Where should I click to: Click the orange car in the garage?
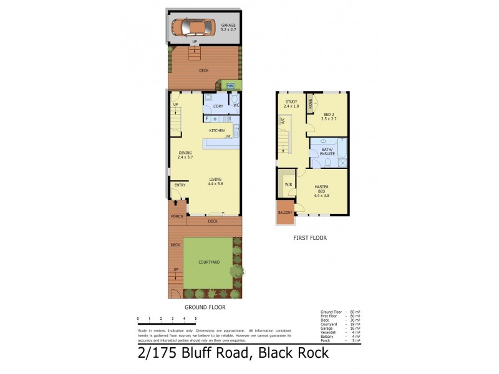point(189,27)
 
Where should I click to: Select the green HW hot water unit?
point(230,85)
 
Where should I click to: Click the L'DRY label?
point(218,106)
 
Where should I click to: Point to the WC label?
point(236,105)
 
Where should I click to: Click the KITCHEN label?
point(216,130)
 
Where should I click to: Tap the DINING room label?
point(185,153)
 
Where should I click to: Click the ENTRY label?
point(180,185)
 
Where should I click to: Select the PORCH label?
point(176,217)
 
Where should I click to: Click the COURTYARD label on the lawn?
point(208,262)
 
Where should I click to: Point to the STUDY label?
point(291,102)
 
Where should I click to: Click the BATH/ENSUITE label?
point(328,151)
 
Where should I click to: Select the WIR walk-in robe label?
point(288,185)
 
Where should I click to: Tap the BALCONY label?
point(285,213)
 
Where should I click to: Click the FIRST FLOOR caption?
point(310,237)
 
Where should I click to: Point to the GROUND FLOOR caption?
point(205,307)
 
